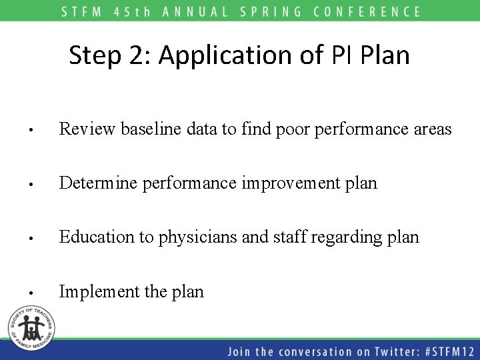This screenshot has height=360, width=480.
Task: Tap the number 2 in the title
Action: (x=137, y=56)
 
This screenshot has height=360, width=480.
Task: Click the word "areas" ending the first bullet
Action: (x=432, y=129)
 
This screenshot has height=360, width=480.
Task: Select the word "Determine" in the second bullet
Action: (x=96, y=183)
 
